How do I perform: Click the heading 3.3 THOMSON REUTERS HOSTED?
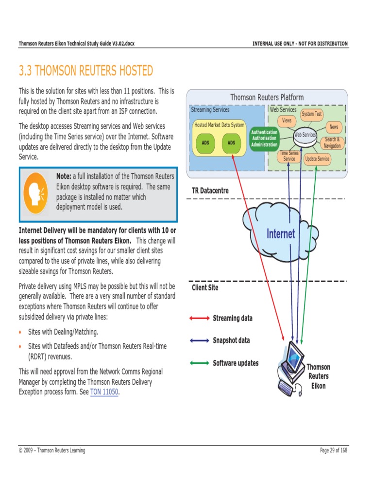[x=85, y=71]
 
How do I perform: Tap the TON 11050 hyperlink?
[x=104, y=391]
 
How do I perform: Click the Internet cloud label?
[x=281, y=234]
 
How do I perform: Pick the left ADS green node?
[x=205, y=143]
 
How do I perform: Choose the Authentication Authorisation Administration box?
[x=264, y=138]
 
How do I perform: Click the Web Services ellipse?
[x=305, y=134]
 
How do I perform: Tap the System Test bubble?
[x=311, y=114]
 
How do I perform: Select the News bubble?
[x=334, y=127]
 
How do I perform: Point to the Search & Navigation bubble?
[x=333, y=143]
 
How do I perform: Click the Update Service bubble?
[x=317, y=159]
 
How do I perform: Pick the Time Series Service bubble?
[x=289, y=156]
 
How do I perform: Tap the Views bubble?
[x=287, y=121]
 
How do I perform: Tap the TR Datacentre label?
[x=210, y=191]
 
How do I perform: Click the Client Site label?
[x=205, y=287]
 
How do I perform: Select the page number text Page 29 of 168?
[x=334, y=450]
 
